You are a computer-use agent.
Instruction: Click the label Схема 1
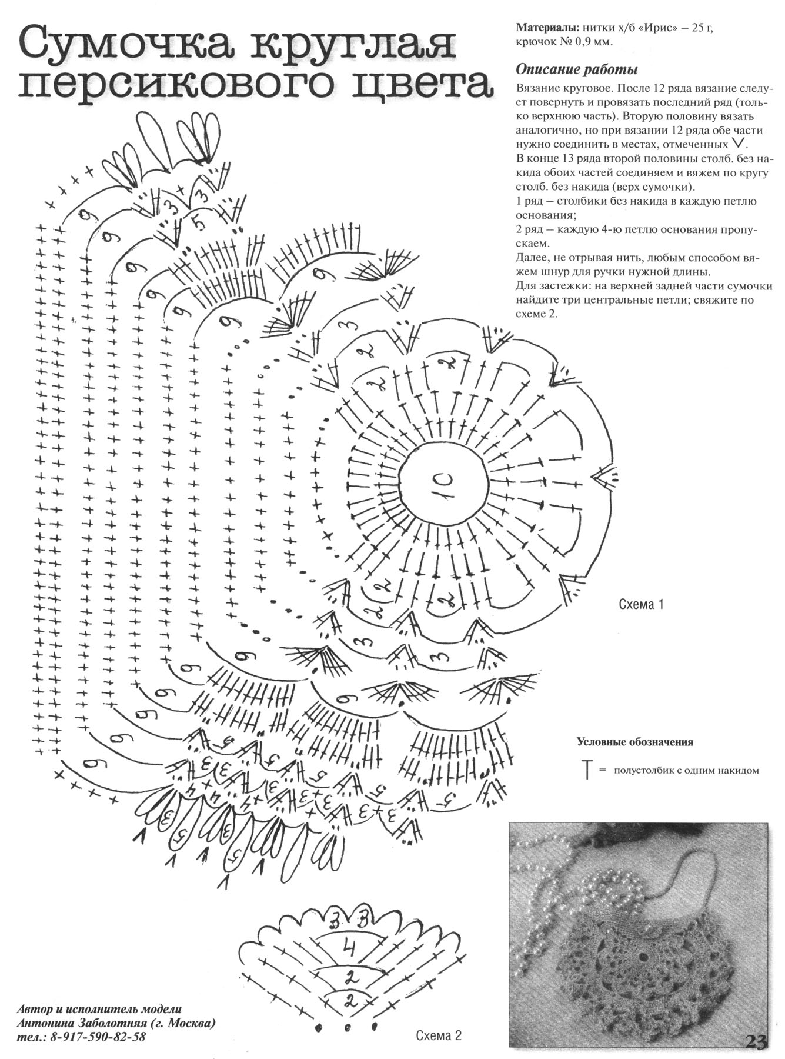pyautogui.click(x=641, y=604)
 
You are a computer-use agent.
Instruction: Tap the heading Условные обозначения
pyautogui.click(x=634, y=742)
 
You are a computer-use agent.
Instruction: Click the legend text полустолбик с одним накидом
pyautogui.click(x=686, y=770)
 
